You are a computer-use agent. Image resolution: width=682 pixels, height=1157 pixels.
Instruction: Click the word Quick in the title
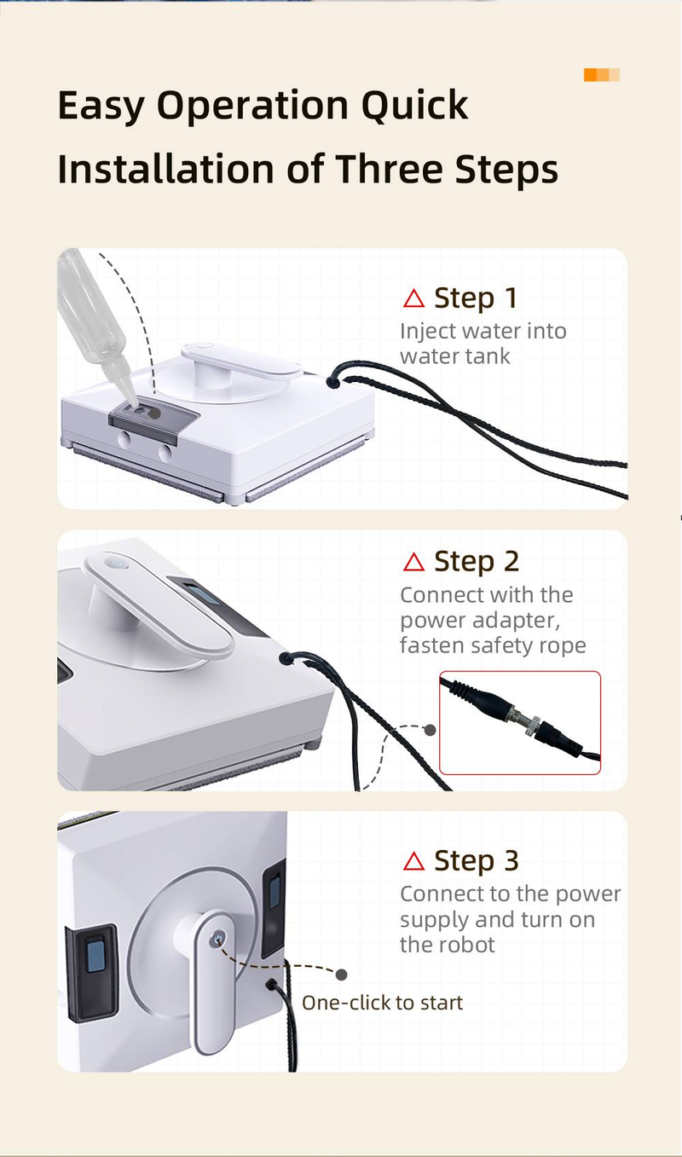tap(414, 105)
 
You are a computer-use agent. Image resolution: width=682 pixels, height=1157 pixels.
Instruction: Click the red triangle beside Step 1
tap(413, 298)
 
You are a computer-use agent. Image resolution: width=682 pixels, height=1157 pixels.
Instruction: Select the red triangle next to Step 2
tap(413, 562)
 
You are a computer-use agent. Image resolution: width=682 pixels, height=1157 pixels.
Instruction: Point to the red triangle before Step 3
tap(413, 861)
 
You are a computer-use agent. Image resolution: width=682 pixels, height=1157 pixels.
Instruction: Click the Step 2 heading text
tap(476, 562)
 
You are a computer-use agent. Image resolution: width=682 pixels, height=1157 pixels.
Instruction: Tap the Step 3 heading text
tap(476, 861)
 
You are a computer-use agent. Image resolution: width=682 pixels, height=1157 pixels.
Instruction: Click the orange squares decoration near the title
tap(602, 75)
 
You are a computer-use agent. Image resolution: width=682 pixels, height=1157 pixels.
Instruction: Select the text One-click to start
tap(382, 1003)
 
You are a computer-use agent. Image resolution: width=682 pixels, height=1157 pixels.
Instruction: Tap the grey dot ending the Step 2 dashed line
tap(430, 730)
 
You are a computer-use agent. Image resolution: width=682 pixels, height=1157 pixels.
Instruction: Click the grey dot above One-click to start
tap(341, 975)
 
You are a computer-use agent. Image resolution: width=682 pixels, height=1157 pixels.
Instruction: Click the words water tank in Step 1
tap(455, 356)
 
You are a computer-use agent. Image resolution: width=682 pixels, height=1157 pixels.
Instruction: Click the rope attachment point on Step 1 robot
tap(333, 382)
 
